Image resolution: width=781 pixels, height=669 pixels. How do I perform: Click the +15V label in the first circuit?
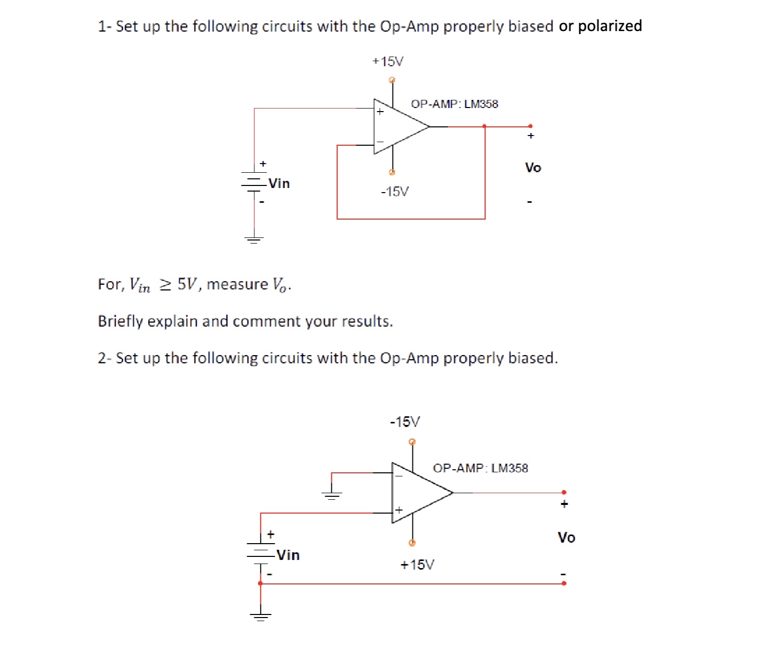click(x=388, y=62)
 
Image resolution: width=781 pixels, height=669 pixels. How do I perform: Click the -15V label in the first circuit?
click(x=395, y=192)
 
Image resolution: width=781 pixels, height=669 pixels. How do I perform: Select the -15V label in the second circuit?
click(x=405, y=422)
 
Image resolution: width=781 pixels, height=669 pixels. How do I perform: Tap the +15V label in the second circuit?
click(x=417, y=565)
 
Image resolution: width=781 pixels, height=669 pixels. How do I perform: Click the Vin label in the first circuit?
click(x=279, y=183)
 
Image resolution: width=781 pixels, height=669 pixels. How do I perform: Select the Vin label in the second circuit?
click(x=288, y=555)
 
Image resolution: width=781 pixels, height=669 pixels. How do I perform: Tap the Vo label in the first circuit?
click(x=533, y=168)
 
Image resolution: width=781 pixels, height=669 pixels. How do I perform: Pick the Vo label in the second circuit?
click(x=566, y=538)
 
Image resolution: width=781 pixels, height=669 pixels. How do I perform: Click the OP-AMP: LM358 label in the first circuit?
click(x=454, y=104)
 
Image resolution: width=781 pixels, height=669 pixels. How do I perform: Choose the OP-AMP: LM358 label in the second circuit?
click(x=480, y=468)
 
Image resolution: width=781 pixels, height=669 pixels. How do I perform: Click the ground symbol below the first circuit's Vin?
click(x=254, y=239)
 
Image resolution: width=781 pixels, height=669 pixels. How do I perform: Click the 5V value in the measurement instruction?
click(x=186, y=284)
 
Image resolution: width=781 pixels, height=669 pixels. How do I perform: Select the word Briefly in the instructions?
click(x=120, y=322)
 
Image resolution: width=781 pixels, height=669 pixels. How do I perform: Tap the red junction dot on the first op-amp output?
click(x=484, y=126)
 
